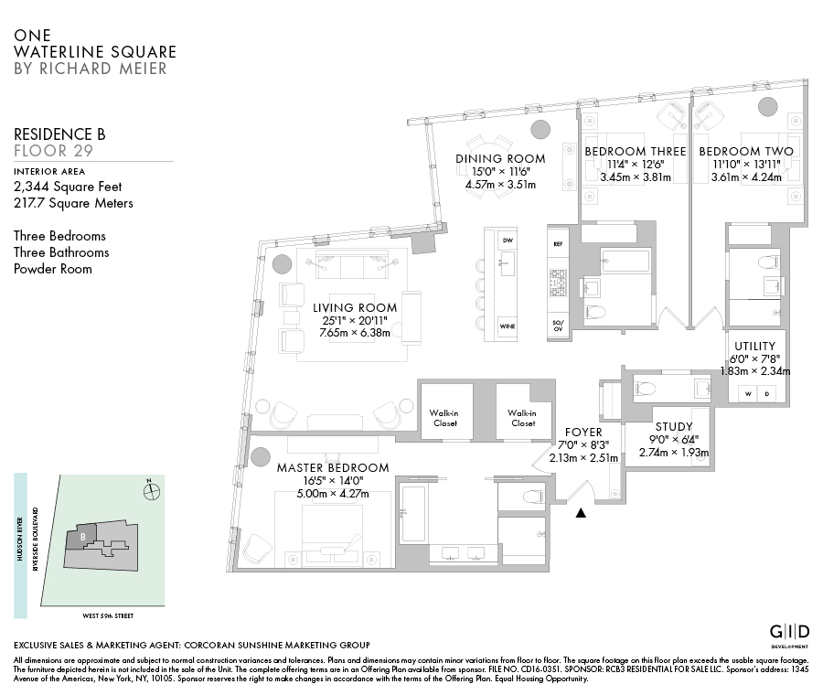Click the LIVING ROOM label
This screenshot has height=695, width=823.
pos(355,308)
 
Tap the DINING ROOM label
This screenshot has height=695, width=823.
pos(500,158)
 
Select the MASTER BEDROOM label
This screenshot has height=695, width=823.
pos(333,467)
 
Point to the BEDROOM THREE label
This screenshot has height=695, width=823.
pos(636,151)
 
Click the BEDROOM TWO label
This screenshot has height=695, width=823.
pos(746,151)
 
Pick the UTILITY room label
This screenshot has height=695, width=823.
pos(754,347)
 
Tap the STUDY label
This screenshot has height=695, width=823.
pos(674,427)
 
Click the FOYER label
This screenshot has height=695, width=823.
pos(583,432)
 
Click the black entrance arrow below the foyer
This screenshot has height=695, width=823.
pos(581,513)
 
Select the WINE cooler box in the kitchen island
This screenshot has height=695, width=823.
pos(507,326)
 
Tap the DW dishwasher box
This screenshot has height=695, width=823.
pos(507,241)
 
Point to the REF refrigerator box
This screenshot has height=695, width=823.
pos(558,244)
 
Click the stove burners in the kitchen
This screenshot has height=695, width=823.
pos(558,283)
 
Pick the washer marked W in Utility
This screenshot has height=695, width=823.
pos(748,394)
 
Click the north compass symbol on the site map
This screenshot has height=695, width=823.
pos(152,491)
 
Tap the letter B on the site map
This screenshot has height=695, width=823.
pos(83,537)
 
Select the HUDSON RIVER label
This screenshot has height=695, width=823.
pos(20,539)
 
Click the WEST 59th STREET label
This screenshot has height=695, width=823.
pos(108,615)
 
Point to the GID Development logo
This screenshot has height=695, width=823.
pos(789,635)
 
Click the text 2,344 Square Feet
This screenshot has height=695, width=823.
pos(68,187)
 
